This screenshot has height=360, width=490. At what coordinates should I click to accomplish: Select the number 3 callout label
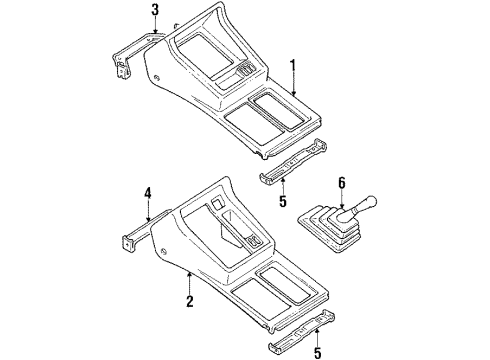coord(155,11)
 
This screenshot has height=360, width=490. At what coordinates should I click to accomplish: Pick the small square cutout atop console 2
coord(217,204)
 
